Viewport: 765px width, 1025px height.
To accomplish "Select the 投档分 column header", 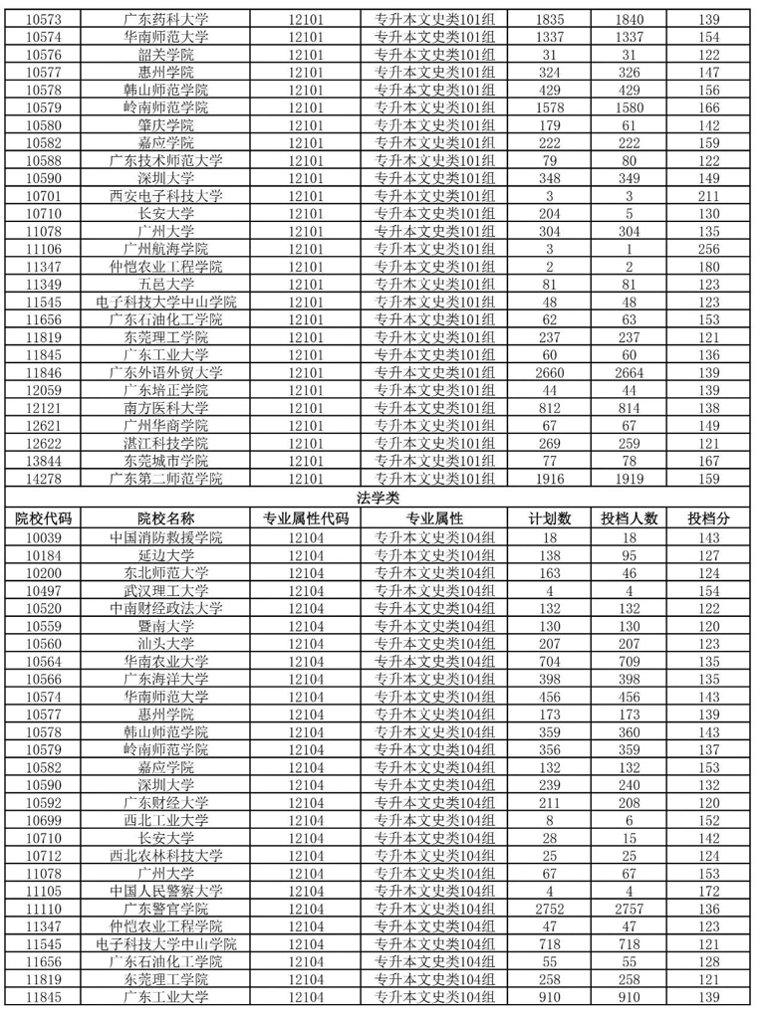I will coord(709,518).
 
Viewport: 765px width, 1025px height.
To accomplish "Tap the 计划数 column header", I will coord(550,518).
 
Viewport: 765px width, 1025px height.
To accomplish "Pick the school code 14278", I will coord(43,478).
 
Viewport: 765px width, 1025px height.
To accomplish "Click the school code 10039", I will coord(43,537).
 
